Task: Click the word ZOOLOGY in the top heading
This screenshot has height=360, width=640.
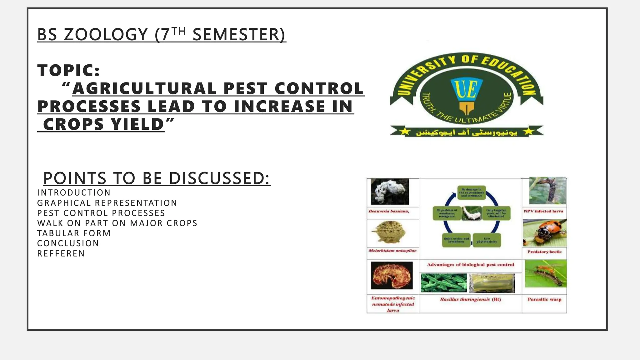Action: (106, 34)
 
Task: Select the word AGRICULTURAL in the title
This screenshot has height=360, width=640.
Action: (144, 88)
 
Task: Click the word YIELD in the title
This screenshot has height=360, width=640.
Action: (138, 124)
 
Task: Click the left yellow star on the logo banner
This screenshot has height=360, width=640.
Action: (405, 132)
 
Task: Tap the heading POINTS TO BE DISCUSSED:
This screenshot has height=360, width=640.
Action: (157, 178)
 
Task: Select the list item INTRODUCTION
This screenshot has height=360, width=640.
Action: (74, 193)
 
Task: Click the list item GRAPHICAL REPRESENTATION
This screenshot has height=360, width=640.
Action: (107, 203)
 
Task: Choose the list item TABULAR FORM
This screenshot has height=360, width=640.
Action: (74, 233)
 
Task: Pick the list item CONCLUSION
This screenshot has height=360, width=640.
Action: (68, 243)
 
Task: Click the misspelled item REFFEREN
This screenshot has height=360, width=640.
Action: (61, 253)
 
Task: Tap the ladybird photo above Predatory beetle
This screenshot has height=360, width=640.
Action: (544, 233)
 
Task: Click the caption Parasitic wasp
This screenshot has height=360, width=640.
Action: (544, 299)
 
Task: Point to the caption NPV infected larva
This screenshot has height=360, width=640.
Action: (543, 211)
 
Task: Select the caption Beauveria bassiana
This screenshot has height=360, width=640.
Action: (389, 211)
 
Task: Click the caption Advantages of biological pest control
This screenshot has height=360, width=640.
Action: (470, 265)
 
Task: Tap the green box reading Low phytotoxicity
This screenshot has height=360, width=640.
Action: (487, 240)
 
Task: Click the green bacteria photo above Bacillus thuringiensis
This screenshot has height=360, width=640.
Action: (443, 283)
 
